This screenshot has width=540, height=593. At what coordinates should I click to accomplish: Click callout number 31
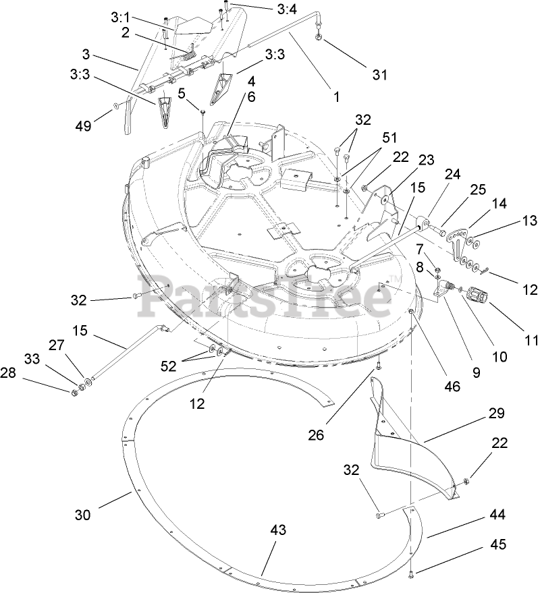[380, 75]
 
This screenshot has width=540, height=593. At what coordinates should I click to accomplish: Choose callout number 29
[496, 413]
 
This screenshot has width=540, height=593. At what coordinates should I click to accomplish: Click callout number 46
[452, 387]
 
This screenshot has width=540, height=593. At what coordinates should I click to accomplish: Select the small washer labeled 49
[117, 105]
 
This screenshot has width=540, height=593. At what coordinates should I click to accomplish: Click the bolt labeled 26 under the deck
[379, 368]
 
